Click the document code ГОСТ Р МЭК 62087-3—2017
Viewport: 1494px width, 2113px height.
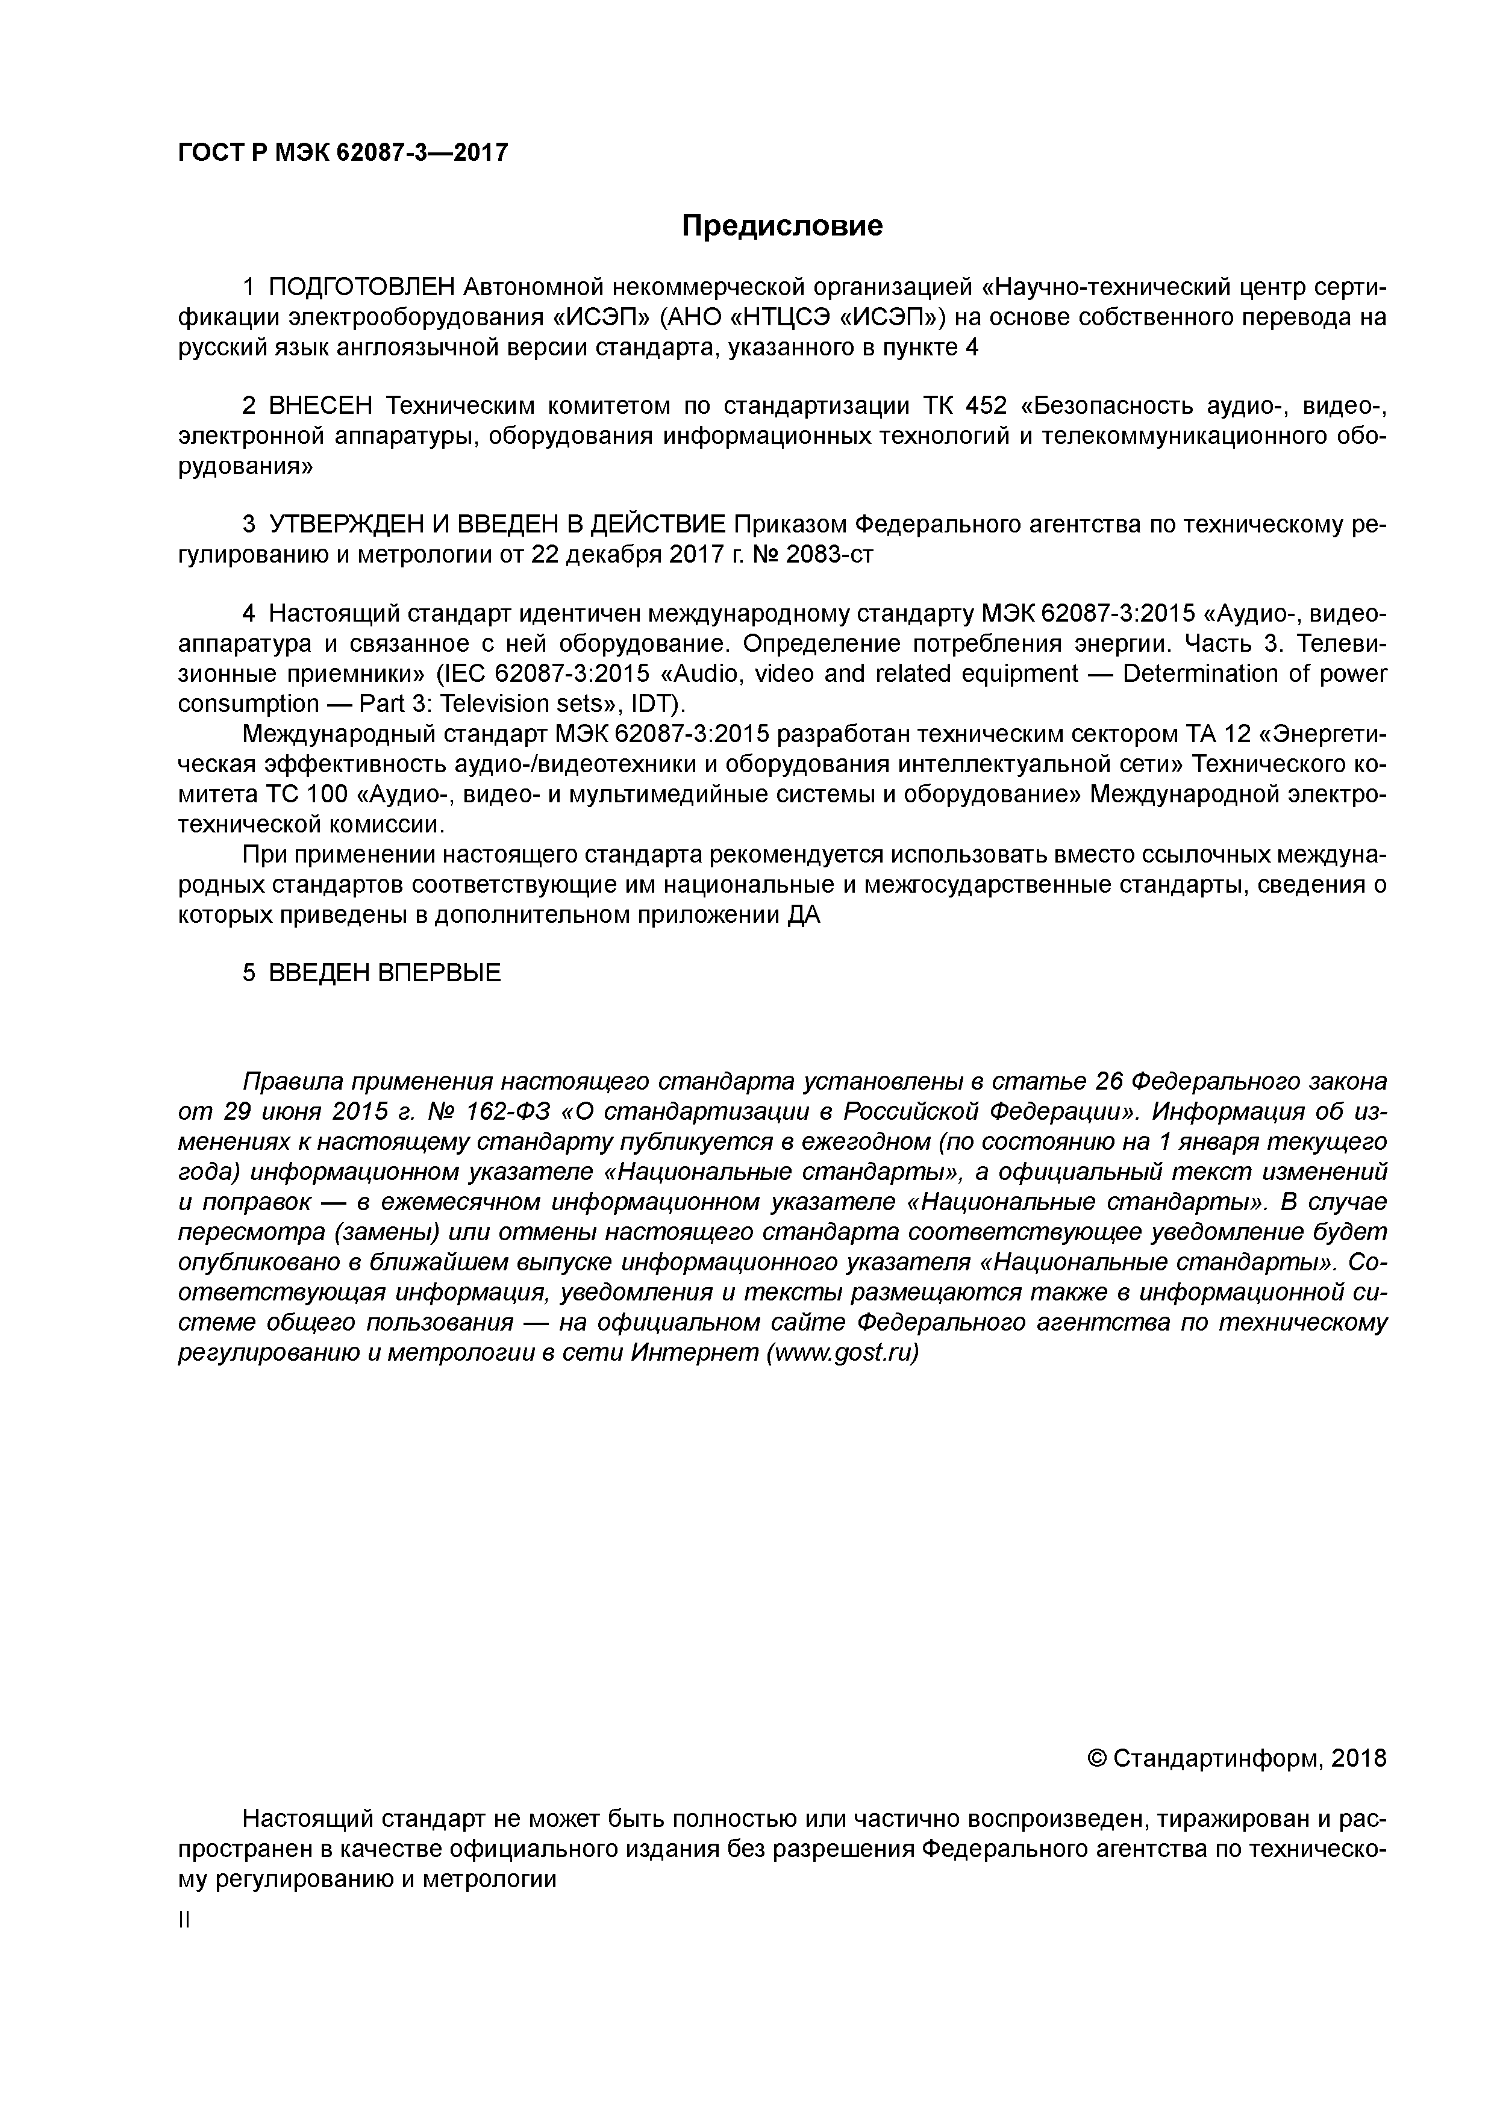tap(342, 152)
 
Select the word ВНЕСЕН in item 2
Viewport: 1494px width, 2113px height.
tap(320, 406)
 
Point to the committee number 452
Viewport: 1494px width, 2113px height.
tap(986, 406)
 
